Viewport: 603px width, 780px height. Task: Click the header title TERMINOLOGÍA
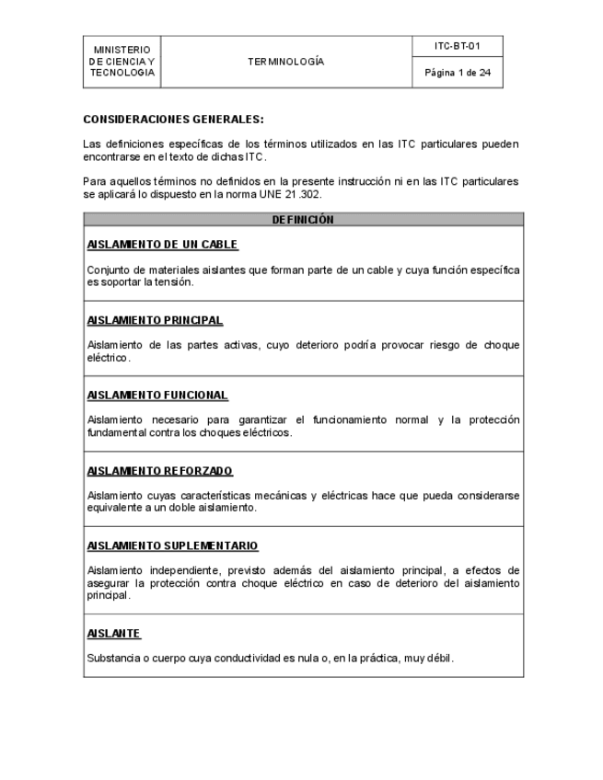pyautogui.click(x=285, y=62)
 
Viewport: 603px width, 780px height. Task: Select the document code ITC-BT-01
pyautogui.click(x=458, y=45)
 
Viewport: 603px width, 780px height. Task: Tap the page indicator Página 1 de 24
pyautogui.click(x=458, y=73)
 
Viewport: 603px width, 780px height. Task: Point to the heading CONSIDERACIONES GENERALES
pyautogui.click(x=173, y=120)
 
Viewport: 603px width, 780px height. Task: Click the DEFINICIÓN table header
pyautogui.click(x=303, y=220)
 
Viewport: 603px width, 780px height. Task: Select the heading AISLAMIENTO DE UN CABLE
pyautogui.click(x=163, y=245)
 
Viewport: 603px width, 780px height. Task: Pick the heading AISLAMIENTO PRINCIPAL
pyautogui.click(x=155, y=320)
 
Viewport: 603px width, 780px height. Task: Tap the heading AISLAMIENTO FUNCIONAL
pyautogui.click(x=157, y=395)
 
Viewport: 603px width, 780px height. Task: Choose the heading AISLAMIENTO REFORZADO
pyautogui.click(x=160, y=470)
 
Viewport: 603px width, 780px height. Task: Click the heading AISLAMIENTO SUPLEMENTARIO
pyautogui.click(x=172, y=545)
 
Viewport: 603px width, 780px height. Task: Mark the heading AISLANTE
pyautogui.click(x=113, y=634)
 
